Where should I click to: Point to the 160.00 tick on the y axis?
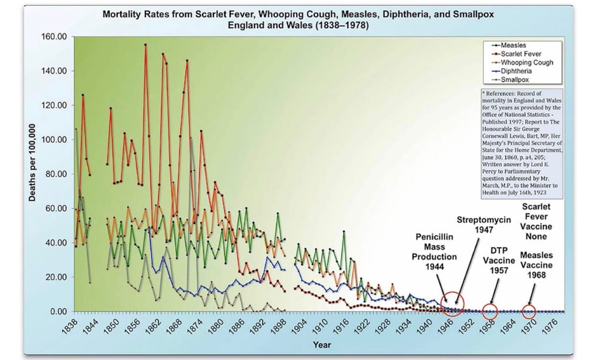click(54, 36)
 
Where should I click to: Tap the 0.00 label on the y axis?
click(57, 312)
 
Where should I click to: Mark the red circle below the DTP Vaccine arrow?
click(490, 311)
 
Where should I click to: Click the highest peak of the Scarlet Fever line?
click(145, 44)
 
